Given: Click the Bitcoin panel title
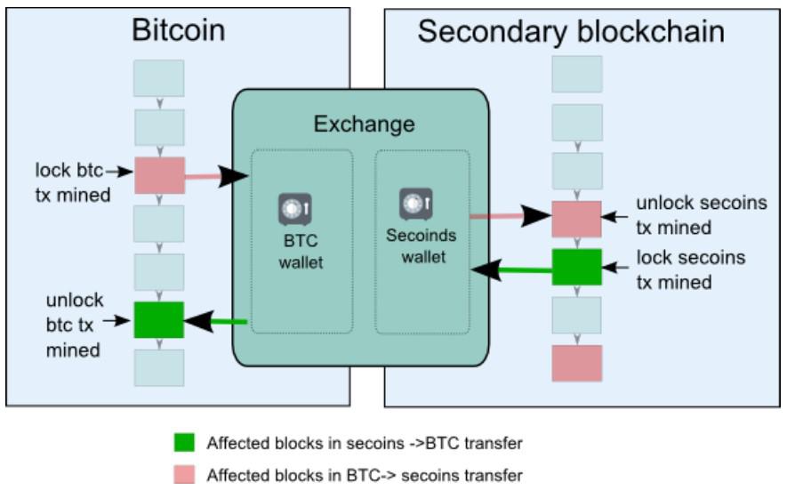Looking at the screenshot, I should [178, 30].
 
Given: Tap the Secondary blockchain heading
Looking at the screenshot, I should [570, 32].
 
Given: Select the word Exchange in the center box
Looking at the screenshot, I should [364, 124].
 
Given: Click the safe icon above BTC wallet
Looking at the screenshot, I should [294, 209].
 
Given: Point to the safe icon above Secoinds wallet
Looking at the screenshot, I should [415, 205].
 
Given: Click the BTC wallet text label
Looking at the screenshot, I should [299, 252].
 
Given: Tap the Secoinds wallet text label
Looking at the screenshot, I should [421, 246].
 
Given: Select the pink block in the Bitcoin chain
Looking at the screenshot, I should [159, 175].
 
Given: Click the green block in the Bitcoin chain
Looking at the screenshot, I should [159, 319].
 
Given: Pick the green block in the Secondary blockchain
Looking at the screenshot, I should [576, 267].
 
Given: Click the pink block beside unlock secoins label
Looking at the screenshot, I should [576, 219].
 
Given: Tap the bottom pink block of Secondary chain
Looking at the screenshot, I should [576, 363].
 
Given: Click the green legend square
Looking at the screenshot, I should [184, 443].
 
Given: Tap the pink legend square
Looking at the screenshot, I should [184, 474].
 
